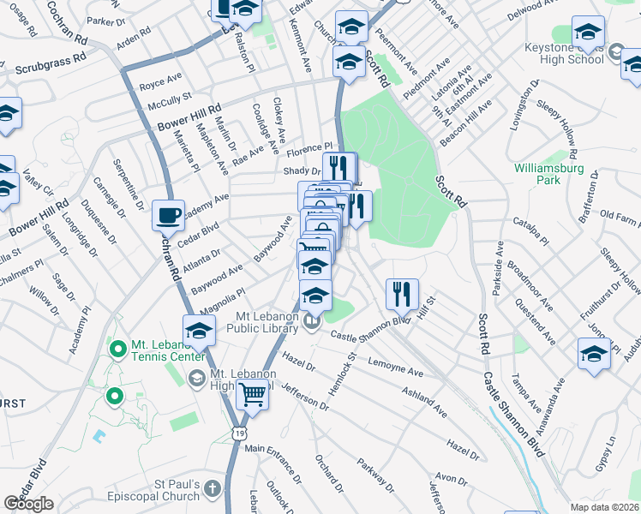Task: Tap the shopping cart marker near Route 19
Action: (252, 395)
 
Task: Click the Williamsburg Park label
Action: (549, 174)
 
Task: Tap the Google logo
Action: (29, 504)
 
